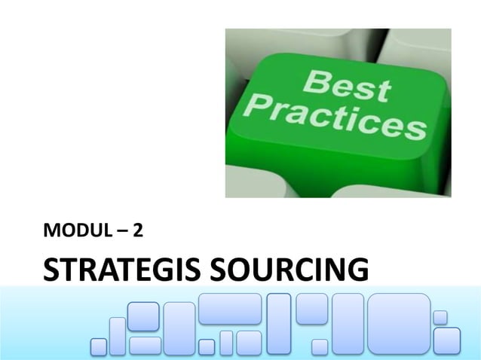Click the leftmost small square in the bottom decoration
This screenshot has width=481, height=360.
99,346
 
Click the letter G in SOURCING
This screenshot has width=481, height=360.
357,270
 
